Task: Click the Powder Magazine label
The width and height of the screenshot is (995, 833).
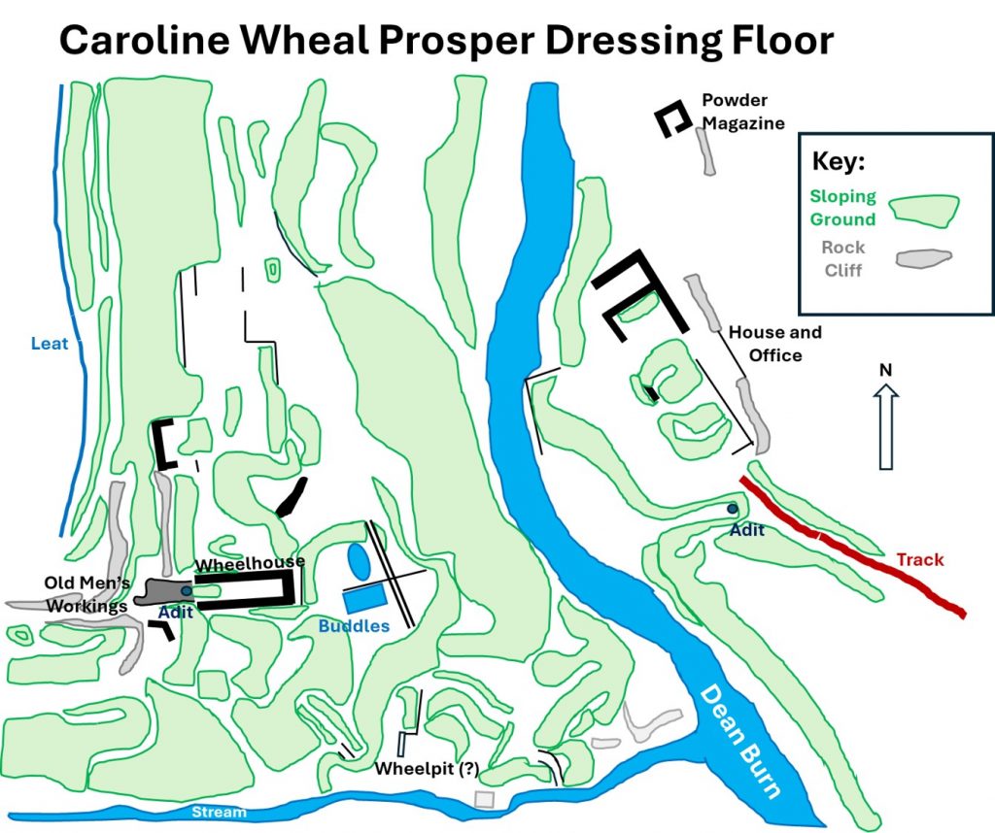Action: pos(735,112)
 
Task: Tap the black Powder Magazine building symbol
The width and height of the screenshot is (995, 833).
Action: pos(671,118)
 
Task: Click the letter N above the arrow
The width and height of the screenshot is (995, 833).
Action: pos(885,370)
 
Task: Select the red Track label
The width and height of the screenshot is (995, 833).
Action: pos(919,560)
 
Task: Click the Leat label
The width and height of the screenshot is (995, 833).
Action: pos(49,344)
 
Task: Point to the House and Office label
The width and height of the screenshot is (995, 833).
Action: pos(774,344)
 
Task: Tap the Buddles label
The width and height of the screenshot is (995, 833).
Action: pos(354,626)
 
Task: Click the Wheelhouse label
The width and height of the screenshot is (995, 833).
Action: pos(251,563)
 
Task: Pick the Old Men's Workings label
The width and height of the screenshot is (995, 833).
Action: pos(86,594)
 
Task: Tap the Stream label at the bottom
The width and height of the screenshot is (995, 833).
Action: pos(220,812)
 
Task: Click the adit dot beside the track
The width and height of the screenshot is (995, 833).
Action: pos(732,509)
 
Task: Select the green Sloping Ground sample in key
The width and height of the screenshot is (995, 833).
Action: pos(926,209)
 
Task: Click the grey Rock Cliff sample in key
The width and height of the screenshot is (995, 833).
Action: pos(923,258)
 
